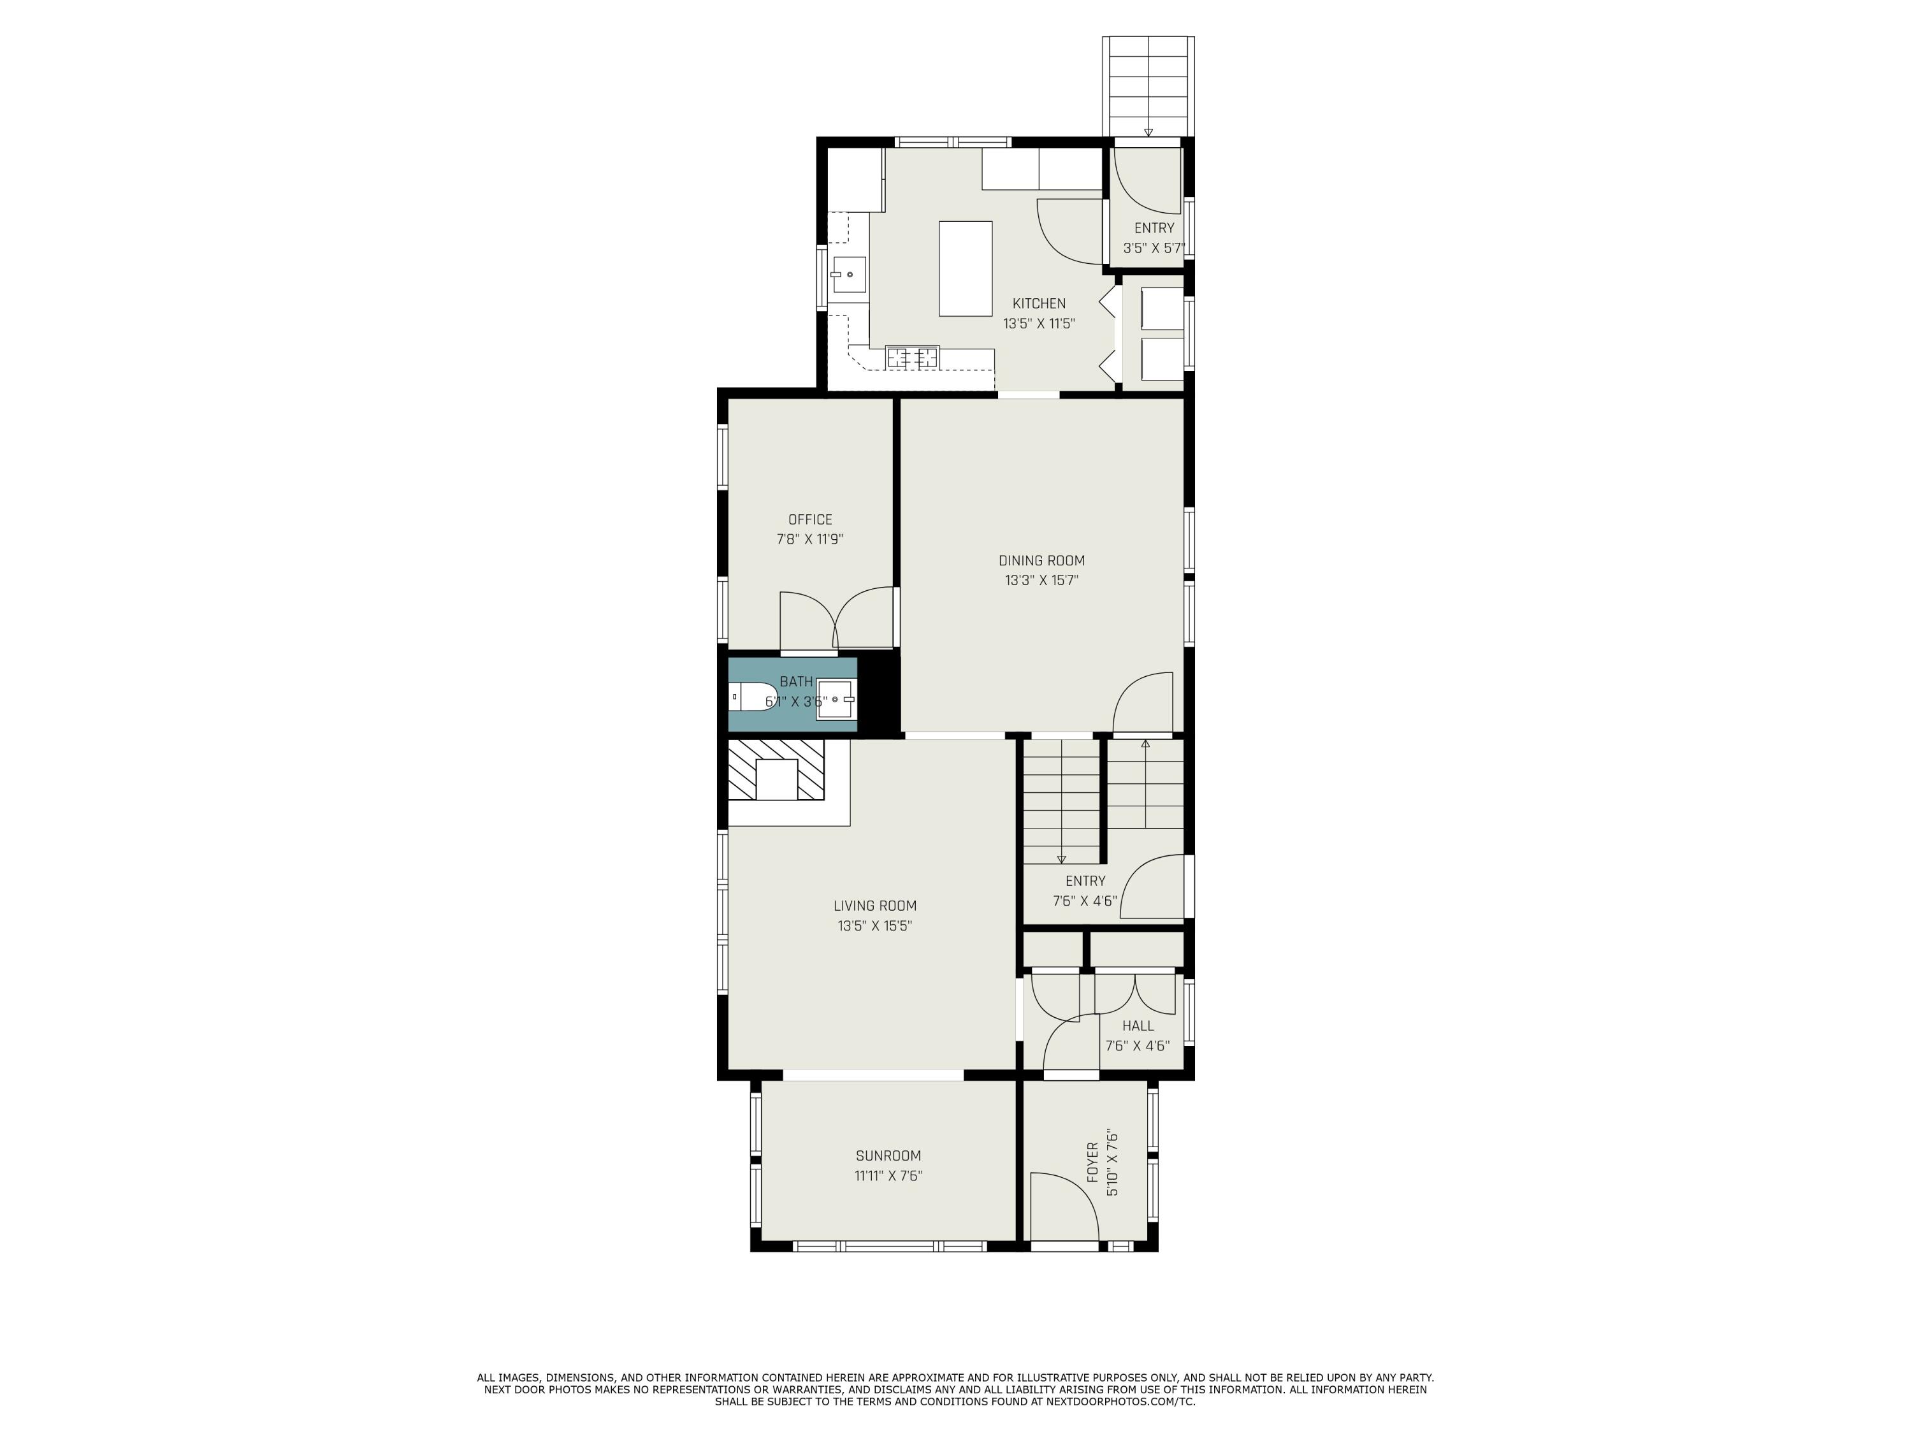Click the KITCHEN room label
(1038, 303)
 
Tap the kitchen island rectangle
(965, 269)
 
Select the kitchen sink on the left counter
(849, 275)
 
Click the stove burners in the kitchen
(912, 356)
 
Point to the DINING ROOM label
(1041, 560)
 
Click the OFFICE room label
(810, 519)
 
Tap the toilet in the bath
(751, 696)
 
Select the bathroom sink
(836, 699)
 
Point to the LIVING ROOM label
(875, 906)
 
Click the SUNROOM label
(888, 1155)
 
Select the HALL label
(1138, 1026)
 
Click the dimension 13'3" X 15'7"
(1041, 581)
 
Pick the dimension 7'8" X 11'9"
(810, 539)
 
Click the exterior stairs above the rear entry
(1148, 85)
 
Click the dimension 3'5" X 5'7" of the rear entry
(1153, 248)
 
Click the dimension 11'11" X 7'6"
(888, 1175)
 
